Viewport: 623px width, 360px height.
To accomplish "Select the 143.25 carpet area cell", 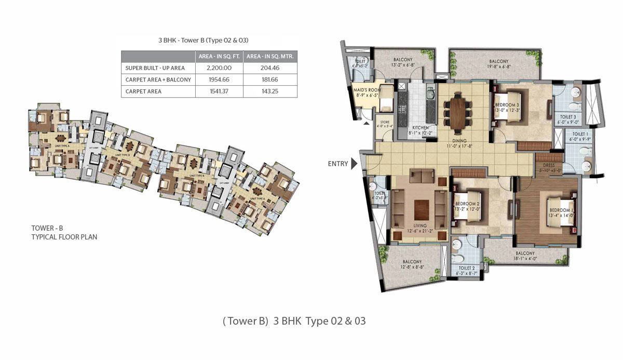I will coord(272,91).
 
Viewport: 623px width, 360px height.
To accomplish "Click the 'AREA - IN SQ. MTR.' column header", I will coord(272,56).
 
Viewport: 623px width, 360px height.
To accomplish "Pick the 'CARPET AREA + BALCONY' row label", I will coord(158,80).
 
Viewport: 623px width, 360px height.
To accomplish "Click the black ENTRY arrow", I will coord(355,164).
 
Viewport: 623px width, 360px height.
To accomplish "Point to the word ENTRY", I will coord(338,164).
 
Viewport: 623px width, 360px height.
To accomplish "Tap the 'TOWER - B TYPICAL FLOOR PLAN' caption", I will coord(64,232).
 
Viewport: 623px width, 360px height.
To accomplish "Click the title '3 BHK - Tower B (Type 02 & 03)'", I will coord(209,39).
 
